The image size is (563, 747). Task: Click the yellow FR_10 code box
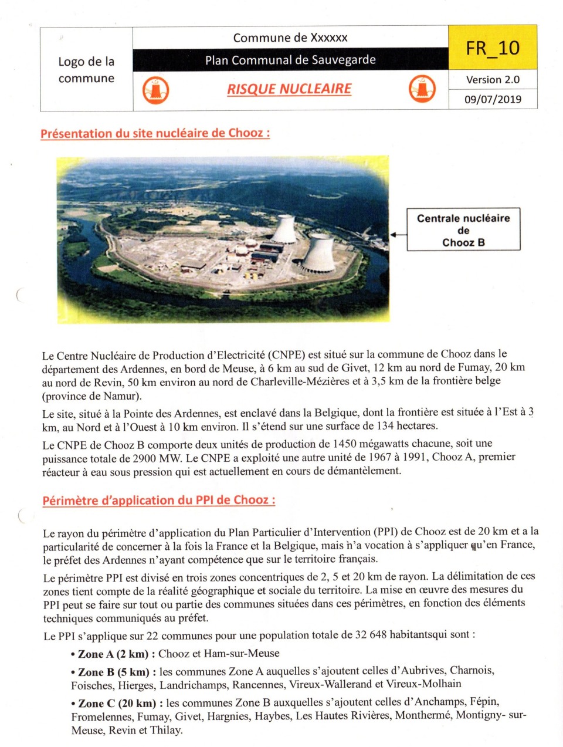tap(493, 48)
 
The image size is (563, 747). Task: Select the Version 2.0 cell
tap(493, 80)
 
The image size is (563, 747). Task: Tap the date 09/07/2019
tap(493, 99)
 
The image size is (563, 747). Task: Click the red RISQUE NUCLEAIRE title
tap(289, 89)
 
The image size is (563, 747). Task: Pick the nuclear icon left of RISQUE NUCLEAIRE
tap(155, 90)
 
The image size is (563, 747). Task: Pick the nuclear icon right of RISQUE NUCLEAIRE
tap(422, 89)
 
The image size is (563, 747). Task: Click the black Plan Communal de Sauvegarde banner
tap(290, 60)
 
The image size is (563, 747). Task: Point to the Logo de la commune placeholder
tap(86, 70)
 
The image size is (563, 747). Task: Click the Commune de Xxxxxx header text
tap(290, 38)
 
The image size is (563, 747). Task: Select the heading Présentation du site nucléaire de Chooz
tap(155, 133)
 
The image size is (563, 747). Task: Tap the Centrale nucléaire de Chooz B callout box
tap(463, 230)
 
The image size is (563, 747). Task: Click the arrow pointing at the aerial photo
tap(398, 234)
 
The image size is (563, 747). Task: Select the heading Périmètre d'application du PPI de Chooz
tap(159, 501)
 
